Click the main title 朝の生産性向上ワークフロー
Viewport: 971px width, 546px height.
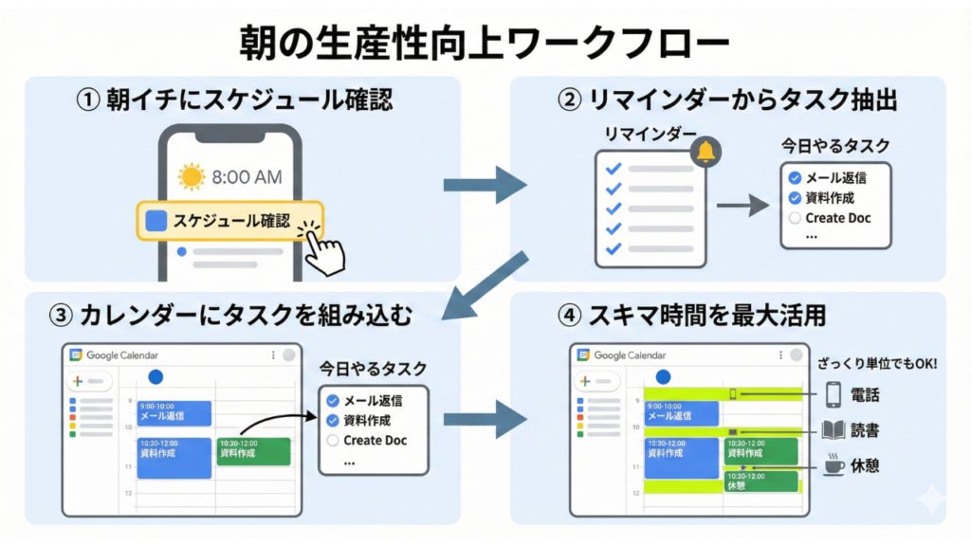(485, 43)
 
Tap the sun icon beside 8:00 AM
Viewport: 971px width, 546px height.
(192, 176)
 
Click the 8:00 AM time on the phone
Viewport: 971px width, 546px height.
(247, 176)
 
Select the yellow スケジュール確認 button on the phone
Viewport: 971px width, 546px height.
(229, 221)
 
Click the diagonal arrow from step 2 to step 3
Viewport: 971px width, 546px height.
(488, 285)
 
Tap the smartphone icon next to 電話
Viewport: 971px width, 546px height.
(834, 393)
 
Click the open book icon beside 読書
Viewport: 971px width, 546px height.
(834, 431)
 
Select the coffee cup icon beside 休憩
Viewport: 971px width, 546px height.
(834, 467)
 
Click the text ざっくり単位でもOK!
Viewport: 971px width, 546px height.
(876, 362)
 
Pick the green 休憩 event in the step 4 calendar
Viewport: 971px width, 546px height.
(760, 481)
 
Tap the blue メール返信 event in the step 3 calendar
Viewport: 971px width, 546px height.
(174, 413)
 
